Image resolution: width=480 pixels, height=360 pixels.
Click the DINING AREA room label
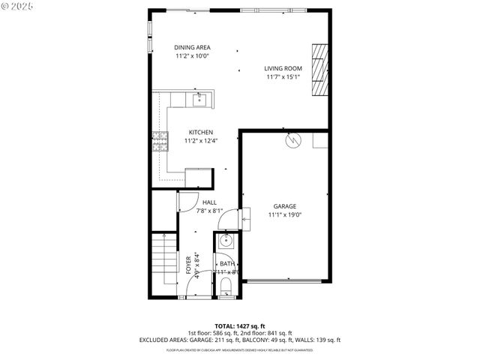192,47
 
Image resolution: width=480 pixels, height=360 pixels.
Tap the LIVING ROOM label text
283,68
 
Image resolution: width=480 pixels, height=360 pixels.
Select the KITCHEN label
200,132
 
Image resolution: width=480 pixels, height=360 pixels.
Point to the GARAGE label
284,206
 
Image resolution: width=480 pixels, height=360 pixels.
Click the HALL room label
209,202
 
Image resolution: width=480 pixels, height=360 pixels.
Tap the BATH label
226,263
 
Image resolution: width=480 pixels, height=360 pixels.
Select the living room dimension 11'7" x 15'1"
283,76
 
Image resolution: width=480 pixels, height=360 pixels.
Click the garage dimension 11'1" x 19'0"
284,214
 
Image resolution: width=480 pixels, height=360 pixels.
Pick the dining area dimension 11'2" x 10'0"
192,55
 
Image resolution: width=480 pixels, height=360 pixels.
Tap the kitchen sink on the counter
199,99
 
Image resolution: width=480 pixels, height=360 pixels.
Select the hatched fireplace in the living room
320,70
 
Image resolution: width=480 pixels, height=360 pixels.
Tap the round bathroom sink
225,241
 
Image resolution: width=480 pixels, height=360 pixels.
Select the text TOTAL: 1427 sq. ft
239,325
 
